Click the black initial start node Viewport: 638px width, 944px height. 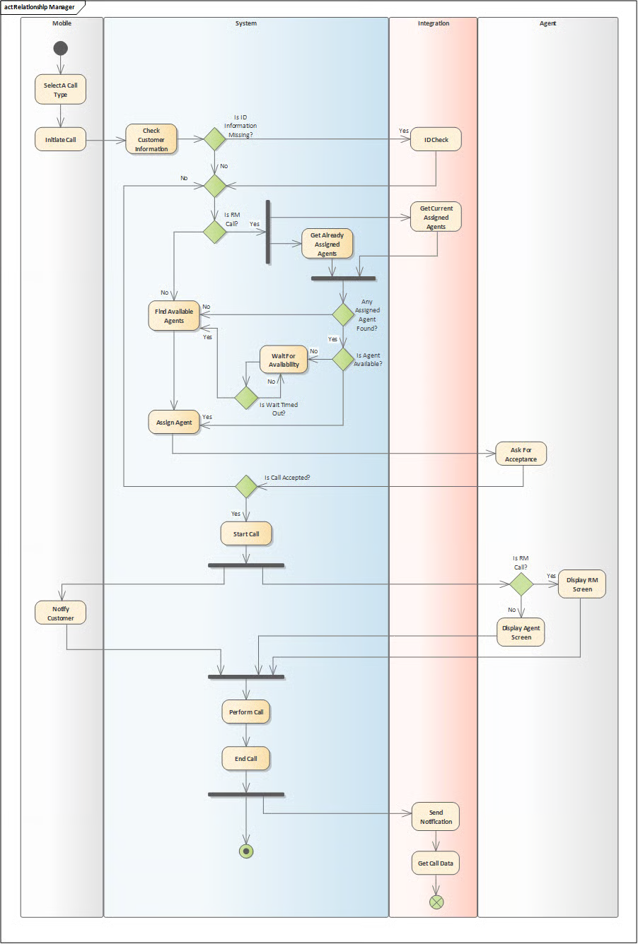(60, 48)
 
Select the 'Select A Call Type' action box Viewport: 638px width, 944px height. (60, 89)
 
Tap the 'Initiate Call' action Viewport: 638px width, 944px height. (60, 139)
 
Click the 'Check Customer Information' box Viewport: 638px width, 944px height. (151, 139)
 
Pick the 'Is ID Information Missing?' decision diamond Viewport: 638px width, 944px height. (215, 139)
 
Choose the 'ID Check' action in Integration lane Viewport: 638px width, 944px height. (436, 139)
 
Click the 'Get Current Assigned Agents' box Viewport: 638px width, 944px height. (436, 217)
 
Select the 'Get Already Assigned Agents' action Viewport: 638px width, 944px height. (327, 244)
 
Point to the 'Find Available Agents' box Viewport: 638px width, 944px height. (174, 316)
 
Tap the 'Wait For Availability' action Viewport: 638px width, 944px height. (284, 360)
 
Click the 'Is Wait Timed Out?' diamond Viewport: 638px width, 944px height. (246, 398)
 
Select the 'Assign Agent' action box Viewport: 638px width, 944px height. (174, 423)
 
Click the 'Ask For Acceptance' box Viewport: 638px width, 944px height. (521, 454)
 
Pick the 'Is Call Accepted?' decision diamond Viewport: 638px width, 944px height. (246, 486)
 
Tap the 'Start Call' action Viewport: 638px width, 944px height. (246, 534)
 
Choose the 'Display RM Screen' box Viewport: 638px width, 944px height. (582, 584)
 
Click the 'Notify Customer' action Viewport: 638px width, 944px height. (60, 613)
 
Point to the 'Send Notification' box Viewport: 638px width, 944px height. (436, 817)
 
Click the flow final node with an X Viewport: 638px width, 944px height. (436, 902)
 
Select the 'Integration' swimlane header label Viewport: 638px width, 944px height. (434, 23)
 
